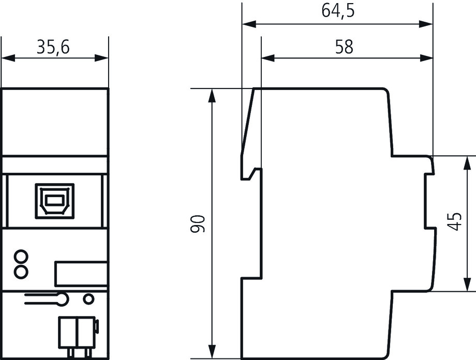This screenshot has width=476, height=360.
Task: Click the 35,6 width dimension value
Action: click(x=53, y=47)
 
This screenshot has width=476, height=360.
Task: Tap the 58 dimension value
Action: click(x=344, y=47)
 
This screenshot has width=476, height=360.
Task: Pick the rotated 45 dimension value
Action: click(x=455, y=222)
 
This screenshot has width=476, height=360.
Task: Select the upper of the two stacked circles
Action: click(x=21, y=257)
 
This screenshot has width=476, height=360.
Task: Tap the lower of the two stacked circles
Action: click(x=21, y=271)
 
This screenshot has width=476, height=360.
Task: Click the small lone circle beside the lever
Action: click(x=89, y=298)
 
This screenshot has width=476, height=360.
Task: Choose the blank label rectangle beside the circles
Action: click(x=81, y=273)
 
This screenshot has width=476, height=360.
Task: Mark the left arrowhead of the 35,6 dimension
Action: click(x=6, y=58)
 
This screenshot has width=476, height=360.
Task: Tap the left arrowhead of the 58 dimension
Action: click(x=266, y=58)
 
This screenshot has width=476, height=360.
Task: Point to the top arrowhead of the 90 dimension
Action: click(x=211, y=94)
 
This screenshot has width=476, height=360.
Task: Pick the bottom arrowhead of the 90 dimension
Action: click(x=211, y=353)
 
